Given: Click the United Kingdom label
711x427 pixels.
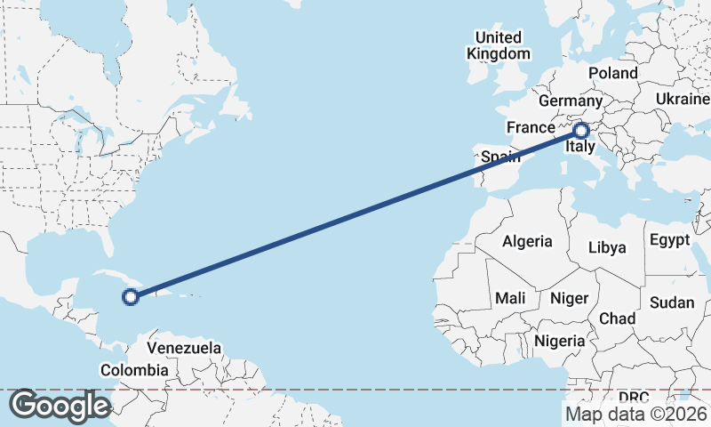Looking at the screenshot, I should pyautogui.click(x=499, y=45).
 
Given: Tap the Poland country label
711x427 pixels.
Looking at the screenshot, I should pyautogui.click(x=613, y=73).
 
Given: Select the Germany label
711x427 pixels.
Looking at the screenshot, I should pyautogui.click(x=571, y=101).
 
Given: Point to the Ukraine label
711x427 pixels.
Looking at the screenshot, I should pyautogui.click(x=683, y=99).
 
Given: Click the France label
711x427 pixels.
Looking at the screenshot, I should pyautogui.click(x=531, y=127).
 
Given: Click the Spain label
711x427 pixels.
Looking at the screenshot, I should pyautogui.click(x=500, y=157).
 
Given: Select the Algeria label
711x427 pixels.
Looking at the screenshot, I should pyautogui.click(x=527, y=241).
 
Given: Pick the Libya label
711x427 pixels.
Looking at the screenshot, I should pyautogui.click(x=607, y=247).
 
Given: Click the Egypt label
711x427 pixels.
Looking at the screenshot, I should pyautogui.click(x=669, y=240).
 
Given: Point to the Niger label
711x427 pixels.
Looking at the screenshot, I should pyautogui.click(x=569, y=298).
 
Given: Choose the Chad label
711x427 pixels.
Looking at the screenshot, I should pyautogui.click(x=618, y=318).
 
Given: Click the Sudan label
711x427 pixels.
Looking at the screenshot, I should pyautogui.click(x=671, y=302).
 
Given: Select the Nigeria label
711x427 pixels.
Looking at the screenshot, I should pyautogui.click(x=560, y=341).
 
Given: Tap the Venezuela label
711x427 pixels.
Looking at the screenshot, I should pyautogui.click(x=184, y=348).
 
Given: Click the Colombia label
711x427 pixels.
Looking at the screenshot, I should pyautogui.click(x=134, y=370).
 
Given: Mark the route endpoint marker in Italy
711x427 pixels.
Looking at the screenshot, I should pyautogui.click(x=583, y=131).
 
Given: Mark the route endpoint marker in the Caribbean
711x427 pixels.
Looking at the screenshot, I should pyautogui.click(x=131, y=297).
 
